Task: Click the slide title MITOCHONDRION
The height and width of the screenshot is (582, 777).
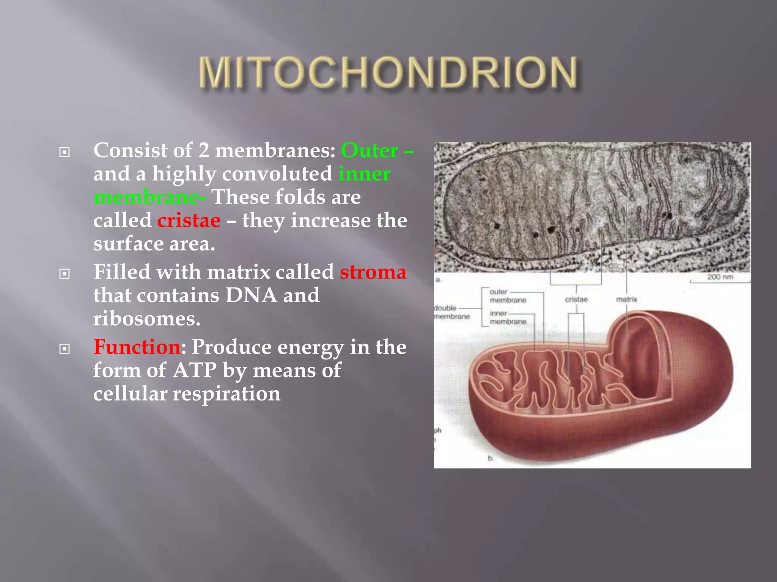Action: (388, 73)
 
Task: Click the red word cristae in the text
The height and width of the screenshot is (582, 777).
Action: (189, 221)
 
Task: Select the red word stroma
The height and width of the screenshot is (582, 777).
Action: (373, 272)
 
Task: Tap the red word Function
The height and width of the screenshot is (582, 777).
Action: (137, 347)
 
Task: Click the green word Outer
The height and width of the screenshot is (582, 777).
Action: (370, 150)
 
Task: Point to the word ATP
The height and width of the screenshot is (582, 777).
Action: (195, 370)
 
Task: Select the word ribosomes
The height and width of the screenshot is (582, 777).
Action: (146, 319)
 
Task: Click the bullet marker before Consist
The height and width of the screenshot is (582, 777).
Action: (64, 152)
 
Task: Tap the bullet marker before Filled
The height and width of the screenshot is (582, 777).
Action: (64, 274)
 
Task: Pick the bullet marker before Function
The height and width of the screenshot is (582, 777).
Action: (64, 349)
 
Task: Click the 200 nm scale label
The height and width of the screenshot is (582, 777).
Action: (720, 277)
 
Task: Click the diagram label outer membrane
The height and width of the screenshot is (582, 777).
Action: (507, 296)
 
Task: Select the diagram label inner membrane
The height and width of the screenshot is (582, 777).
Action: (507, 318)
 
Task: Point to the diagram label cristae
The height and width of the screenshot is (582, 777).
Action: (576, 299)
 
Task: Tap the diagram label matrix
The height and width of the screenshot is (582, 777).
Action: (626, 299)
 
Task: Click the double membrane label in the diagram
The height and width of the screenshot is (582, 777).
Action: (451, 312)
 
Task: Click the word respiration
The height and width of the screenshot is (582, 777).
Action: (226, 394)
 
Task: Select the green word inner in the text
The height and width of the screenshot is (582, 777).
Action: (364, 174)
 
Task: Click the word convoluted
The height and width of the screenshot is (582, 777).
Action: (277, 174)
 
